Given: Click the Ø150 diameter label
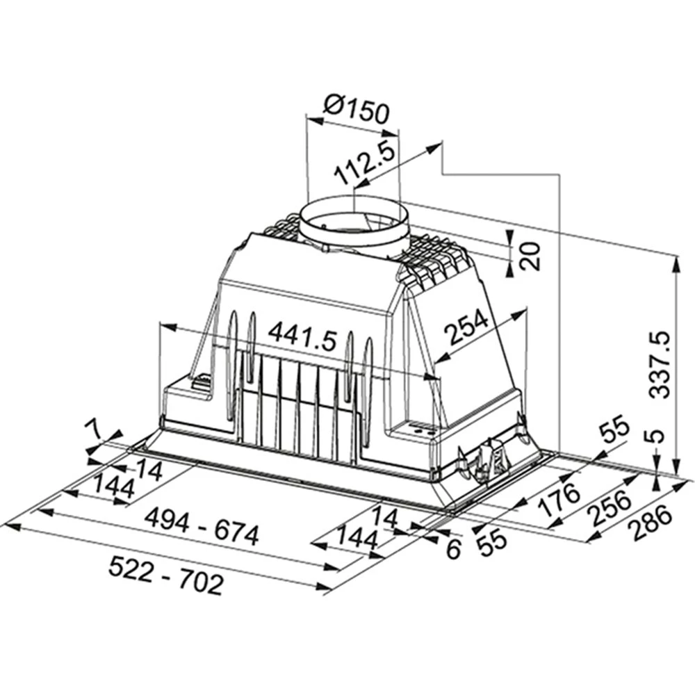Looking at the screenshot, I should pos(357,109).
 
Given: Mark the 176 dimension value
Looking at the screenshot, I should pos(560,495).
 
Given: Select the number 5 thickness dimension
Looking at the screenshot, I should pos(657,438).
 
